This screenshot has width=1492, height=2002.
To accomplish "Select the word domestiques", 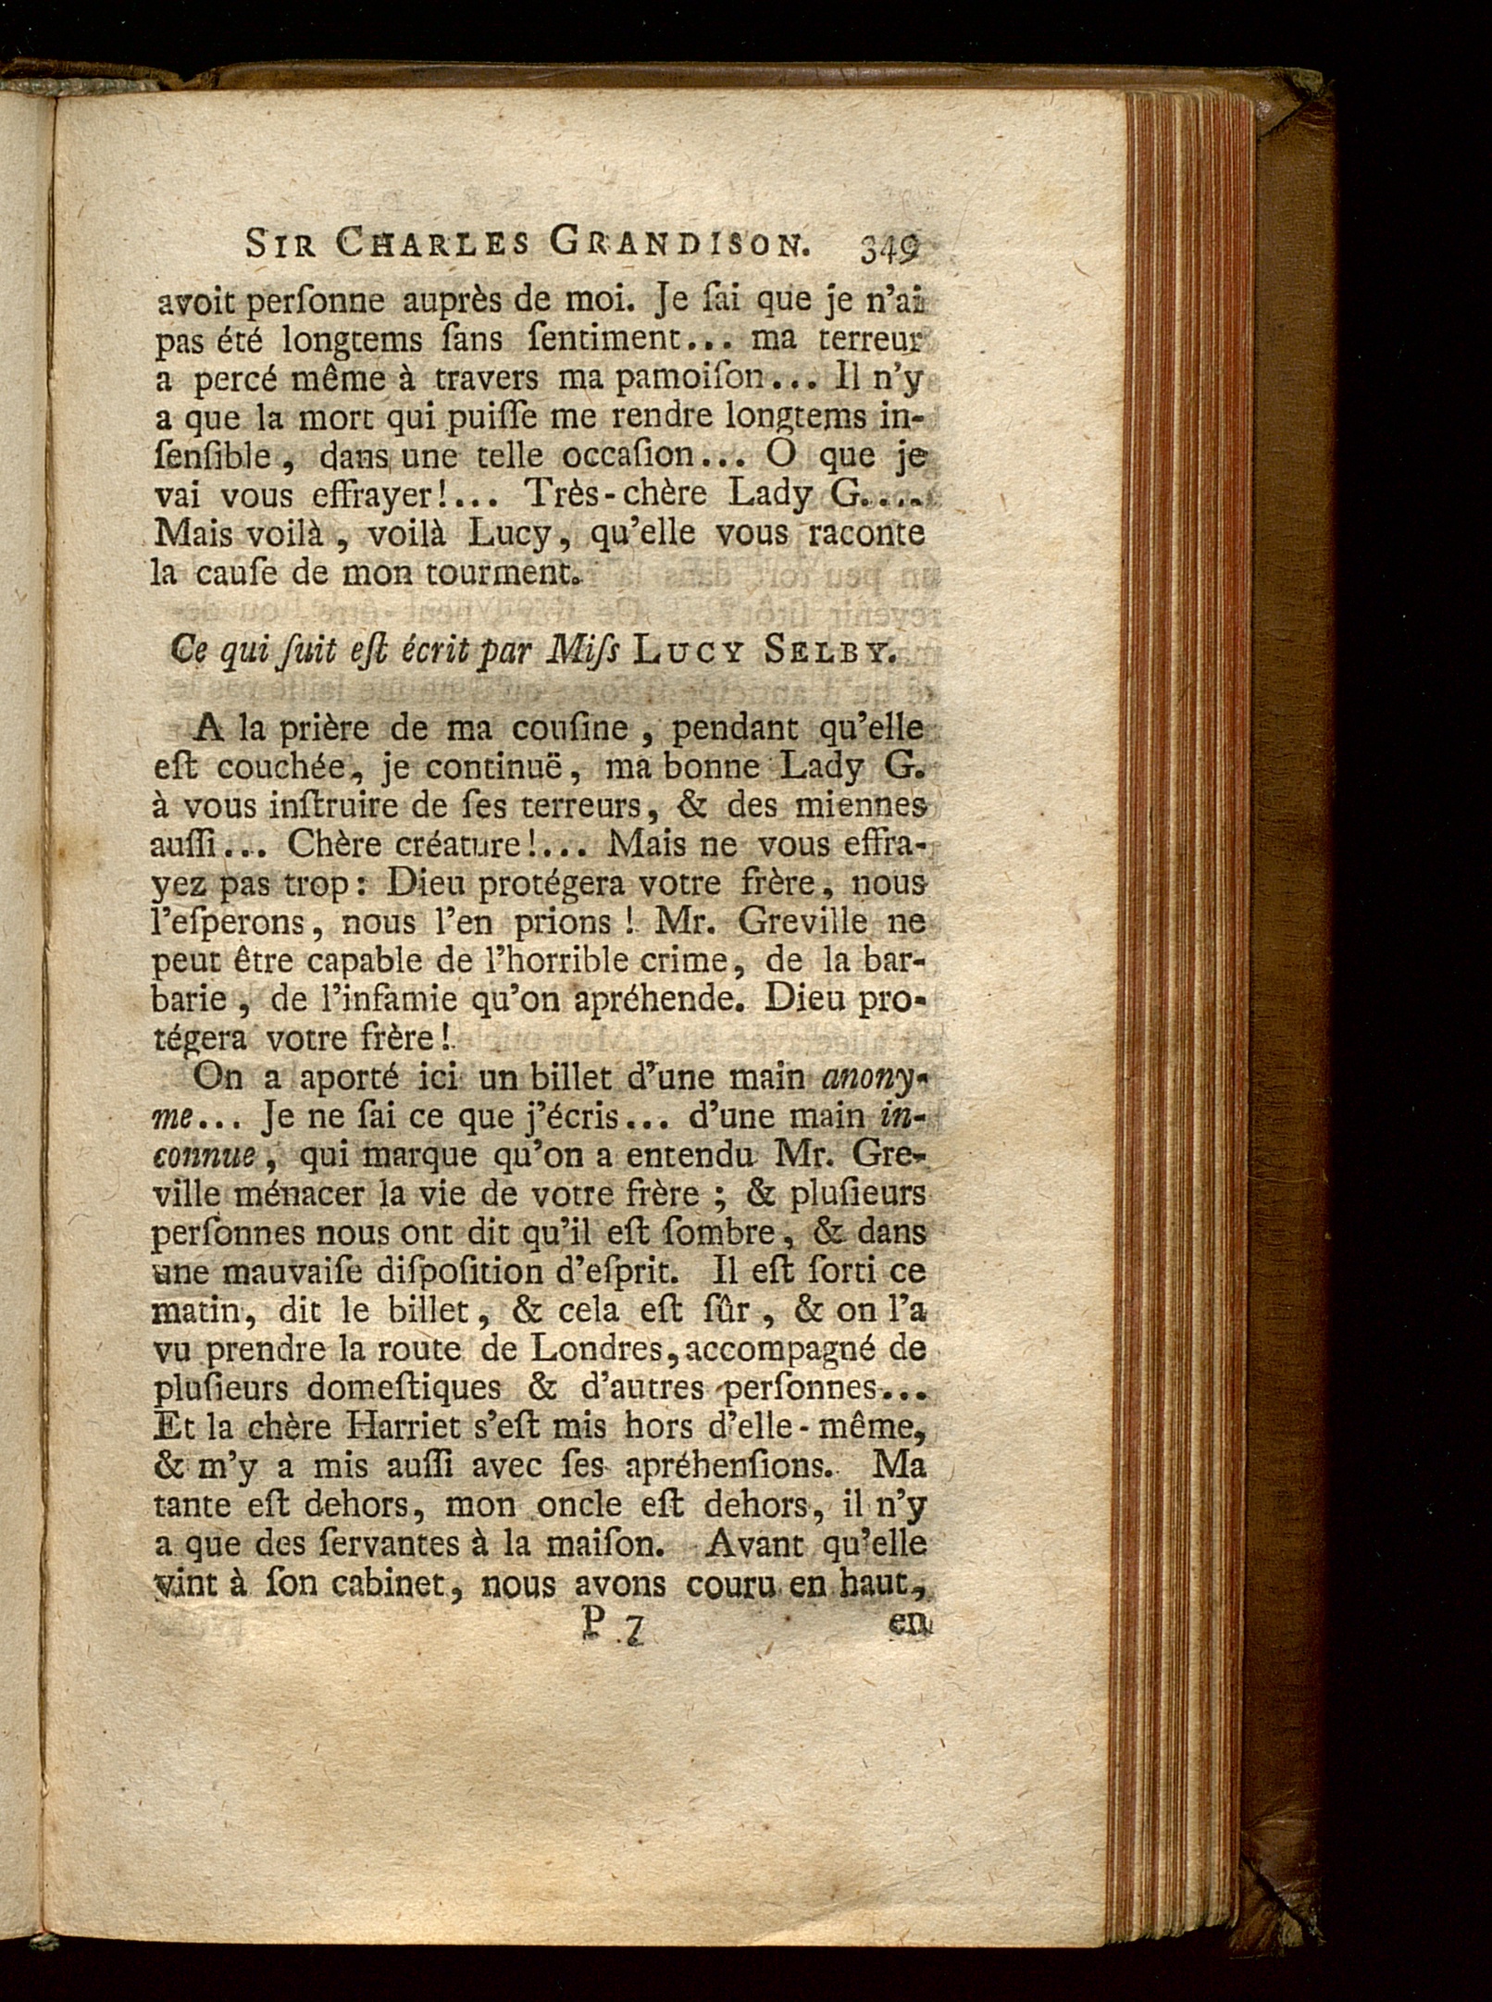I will pos(399,1387).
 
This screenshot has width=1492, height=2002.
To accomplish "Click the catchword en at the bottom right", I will pos(909,1623).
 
